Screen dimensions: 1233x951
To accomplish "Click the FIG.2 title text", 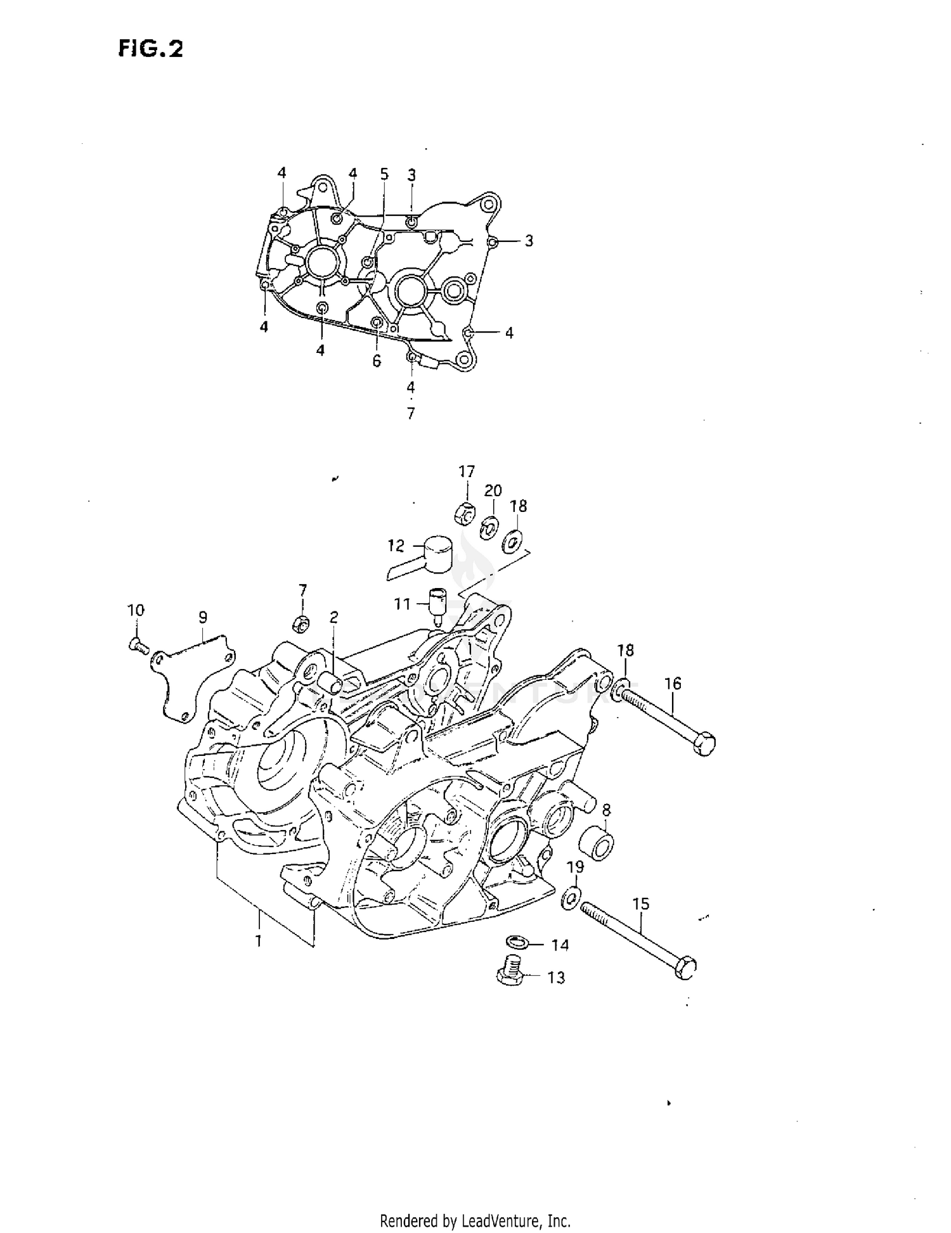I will [x=150, y=49].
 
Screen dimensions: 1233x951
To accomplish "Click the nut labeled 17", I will [x=465, y=513].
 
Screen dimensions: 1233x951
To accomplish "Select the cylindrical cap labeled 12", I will [x=437, y=553].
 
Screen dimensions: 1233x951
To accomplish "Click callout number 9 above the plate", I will [x=203, y=617].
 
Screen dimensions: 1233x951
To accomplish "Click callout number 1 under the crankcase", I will [x=259, y=941].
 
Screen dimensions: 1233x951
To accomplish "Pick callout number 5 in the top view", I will [x=384, y=174].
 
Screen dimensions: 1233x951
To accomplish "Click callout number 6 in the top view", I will [x=377, y=361].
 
